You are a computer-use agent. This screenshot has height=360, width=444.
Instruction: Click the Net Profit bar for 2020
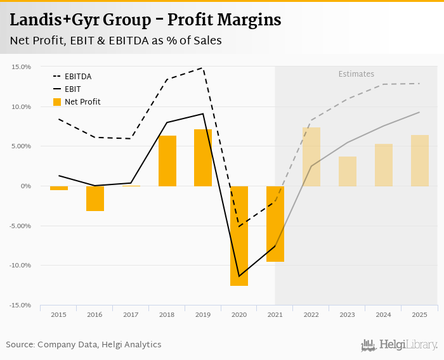239,236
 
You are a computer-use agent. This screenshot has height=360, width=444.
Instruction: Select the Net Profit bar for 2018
167,161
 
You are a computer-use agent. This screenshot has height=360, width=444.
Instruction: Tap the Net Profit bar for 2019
203,158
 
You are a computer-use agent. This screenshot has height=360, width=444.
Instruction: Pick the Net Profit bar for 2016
95,198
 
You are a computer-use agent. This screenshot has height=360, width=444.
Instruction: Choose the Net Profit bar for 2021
275,224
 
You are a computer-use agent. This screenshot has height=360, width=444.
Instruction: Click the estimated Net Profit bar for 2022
311,157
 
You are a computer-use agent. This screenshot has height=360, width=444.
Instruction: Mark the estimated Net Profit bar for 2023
348,171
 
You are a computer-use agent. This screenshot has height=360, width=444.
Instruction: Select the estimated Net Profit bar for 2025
420,160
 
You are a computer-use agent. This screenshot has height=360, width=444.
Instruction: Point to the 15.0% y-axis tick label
22,67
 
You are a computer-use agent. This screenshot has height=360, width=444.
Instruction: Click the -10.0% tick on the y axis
20,266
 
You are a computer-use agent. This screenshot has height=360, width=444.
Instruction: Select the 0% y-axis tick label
25,186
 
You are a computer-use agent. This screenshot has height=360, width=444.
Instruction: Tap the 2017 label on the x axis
131,315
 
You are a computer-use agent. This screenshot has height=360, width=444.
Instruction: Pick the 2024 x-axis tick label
384,315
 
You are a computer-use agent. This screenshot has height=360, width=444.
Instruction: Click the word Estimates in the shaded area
356,74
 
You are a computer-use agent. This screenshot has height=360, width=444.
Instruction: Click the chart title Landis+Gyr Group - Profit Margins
145,20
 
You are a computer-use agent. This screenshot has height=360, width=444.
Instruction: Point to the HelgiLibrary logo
400,345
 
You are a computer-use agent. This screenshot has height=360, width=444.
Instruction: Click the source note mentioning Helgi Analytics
84,345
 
